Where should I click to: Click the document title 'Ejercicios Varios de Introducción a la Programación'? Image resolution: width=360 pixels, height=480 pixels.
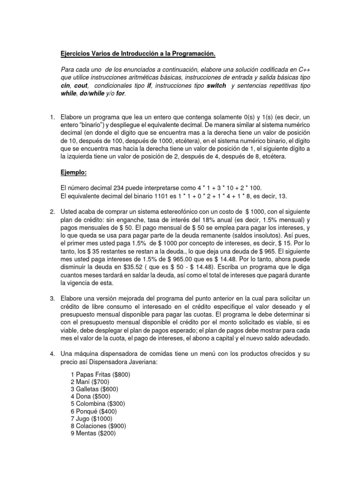[138, 55]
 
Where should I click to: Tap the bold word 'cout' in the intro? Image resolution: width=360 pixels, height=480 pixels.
[81, 86]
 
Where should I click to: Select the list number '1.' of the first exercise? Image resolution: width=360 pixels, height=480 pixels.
[52, 116]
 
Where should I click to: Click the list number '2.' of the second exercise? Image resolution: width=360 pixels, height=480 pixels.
[52, 211]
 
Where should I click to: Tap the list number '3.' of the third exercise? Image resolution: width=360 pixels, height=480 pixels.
[52, 299]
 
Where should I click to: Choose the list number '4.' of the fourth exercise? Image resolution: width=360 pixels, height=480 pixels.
[52, 353]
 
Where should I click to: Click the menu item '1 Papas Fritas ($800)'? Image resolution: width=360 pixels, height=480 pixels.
[100, 375]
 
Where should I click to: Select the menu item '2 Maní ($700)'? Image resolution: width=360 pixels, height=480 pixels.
[90, 382]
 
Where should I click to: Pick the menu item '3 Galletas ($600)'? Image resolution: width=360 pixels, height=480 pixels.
[94, 389]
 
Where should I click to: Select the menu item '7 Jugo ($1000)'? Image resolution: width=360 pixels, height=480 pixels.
[92, 419]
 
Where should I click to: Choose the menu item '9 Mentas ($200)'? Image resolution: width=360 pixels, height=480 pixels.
[93, 434]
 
